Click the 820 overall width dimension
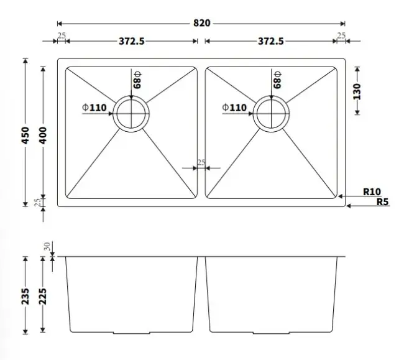tap(202, 23)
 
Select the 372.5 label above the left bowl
tap(132, 41)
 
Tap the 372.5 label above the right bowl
tap(271, 41)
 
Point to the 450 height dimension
tap(25, 136)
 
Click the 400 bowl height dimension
tap(43, 136)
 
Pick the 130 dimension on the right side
tap(357, 91)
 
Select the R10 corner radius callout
tap(372, 192)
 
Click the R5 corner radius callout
tap(382, 201)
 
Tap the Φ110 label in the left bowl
tap(94, 108)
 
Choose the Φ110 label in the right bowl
tap(234, 108)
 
